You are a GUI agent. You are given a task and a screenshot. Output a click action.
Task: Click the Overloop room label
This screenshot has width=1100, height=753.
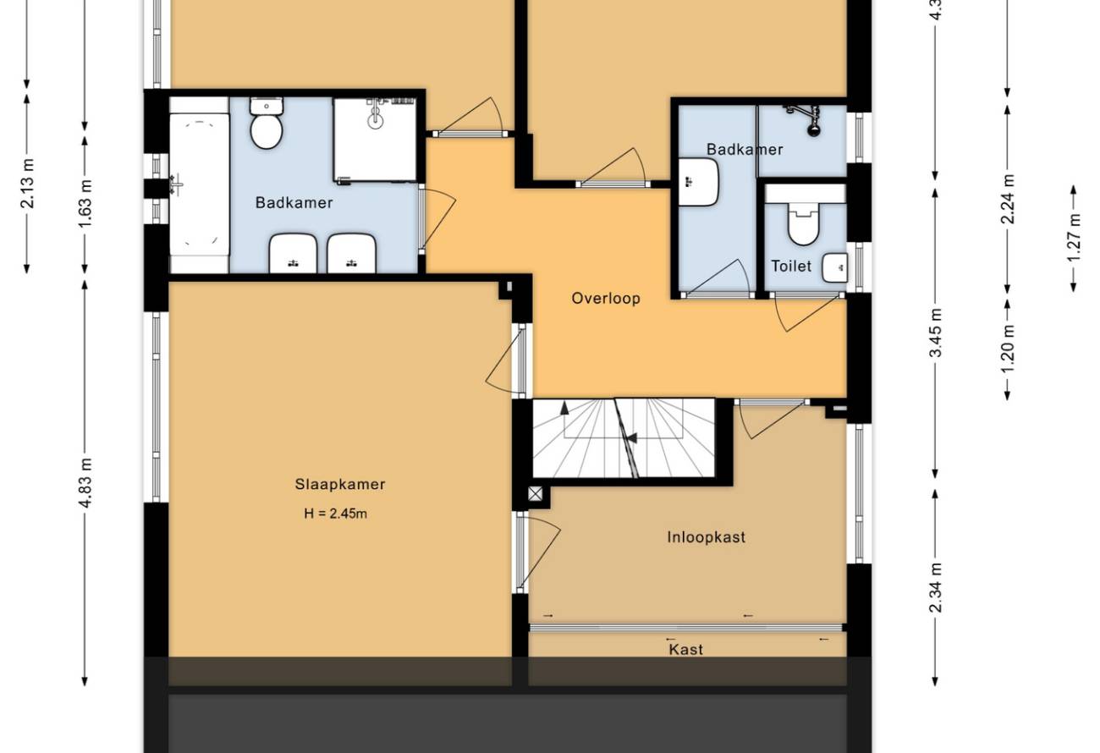click(x=606, y=299)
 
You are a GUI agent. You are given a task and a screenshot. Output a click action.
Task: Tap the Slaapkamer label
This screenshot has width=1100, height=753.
click(x=340, y=485)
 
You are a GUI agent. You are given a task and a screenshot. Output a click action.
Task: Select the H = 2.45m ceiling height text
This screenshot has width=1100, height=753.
click(x=335, y=514)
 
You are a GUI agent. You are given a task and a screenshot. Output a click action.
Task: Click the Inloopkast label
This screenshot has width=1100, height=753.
click(x=707, y=537)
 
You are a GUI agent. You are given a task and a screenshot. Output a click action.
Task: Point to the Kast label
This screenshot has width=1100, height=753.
click(x=686, y=650)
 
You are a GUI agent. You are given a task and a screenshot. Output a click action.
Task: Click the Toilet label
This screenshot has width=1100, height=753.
click(x=791, y=266)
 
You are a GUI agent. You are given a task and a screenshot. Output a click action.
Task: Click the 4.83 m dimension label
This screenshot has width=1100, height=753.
click(x=85, y=482)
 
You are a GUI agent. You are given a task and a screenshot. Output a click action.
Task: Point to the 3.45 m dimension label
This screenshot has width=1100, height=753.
click(x=936, y=333)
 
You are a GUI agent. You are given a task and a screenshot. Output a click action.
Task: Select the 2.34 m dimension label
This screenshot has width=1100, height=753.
click(x=936, y=587)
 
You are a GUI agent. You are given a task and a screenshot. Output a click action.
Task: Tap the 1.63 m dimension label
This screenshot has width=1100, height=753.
click(x=85, y=203)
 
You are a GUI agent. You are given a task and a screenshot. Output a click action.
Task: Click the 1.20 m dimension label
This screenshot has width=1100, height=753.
click(x=1008, y=349)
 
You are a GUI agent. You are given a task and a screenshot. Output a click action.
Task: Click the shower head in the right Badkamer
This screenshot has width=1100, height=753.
click(x=814, y=130)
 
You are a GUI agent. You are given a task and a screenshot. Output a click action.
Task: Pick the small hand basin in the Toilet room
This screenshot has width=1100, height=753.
click(x=835, y=268)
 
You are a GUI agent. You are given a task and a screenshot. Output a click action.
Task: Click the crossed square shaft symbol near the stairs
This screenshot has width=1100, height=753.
click(x=536, y=493)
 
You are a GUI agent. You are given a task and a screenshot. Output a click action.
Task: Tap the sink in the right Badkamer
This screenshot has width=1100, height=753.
click(x=699, y=182)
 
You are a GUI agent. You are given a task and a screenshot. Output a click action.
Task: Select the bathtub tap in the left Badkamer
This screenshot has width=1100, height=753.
click(x=176, y=185)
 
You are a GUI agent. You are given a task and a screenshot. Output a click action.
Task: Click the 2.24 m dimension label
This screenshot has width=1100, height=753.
click(x=1008, y=199)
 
